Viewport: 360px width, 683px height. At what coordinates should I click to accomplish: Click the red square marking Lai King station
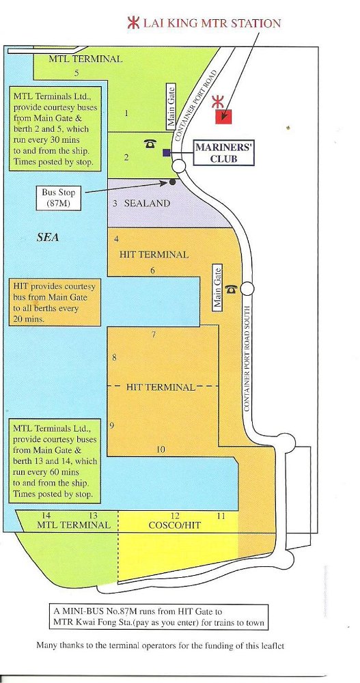click(x=223, y=116)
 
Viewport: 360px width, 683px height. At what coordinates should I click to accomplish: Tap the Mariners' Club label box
click(x=223, y=153)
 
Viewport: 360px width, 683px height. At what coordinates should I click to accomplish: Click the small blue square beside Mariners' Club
click(x=166, y=152)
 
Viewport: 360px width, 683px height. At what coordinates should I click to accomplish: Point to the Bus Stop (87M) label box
click(x=58, y=198)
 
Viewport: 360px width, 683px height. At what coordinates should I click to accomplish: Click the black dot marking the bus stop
click(x=172, y=182)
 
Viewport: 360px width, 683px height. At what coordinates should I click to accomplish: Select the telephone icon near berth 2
click(x=150, y=143)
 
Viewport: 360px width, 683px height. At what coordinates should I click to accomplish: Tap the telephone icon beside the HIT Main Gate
click(x=231, y=289)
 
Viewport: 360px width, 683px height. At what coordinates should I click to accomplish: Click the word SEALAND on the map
click(x=147, y=203)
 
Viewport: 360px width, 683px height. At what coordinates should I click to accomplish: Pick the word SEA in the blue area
click(x=48, y=238)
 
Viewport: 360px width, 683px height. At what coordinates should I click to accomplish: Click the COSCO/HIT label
click(x=175, y=525)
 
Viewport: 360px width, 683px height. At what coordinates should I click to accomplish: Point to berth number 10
click(x=161, y=449)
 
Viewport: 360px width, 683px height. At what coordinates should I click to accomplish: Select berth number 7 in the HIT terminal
click(x=154, y=335)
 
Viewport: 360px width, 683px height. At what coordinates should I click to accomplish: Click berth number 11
click(x=221, y=516)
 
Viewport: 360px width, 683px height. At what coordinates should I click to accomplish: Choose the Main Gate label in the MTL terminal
click(x=171, y=107)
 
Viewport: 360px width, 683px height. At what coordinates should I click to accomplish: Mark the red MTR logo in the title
click(x=133, y=23)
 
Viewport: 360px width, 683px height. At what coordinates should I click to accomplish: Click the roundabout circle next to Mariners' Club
click(x=178, y=166)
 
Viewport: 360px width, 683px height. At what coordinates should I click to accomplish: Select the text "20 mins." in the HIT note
click(x=28, y=319)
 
